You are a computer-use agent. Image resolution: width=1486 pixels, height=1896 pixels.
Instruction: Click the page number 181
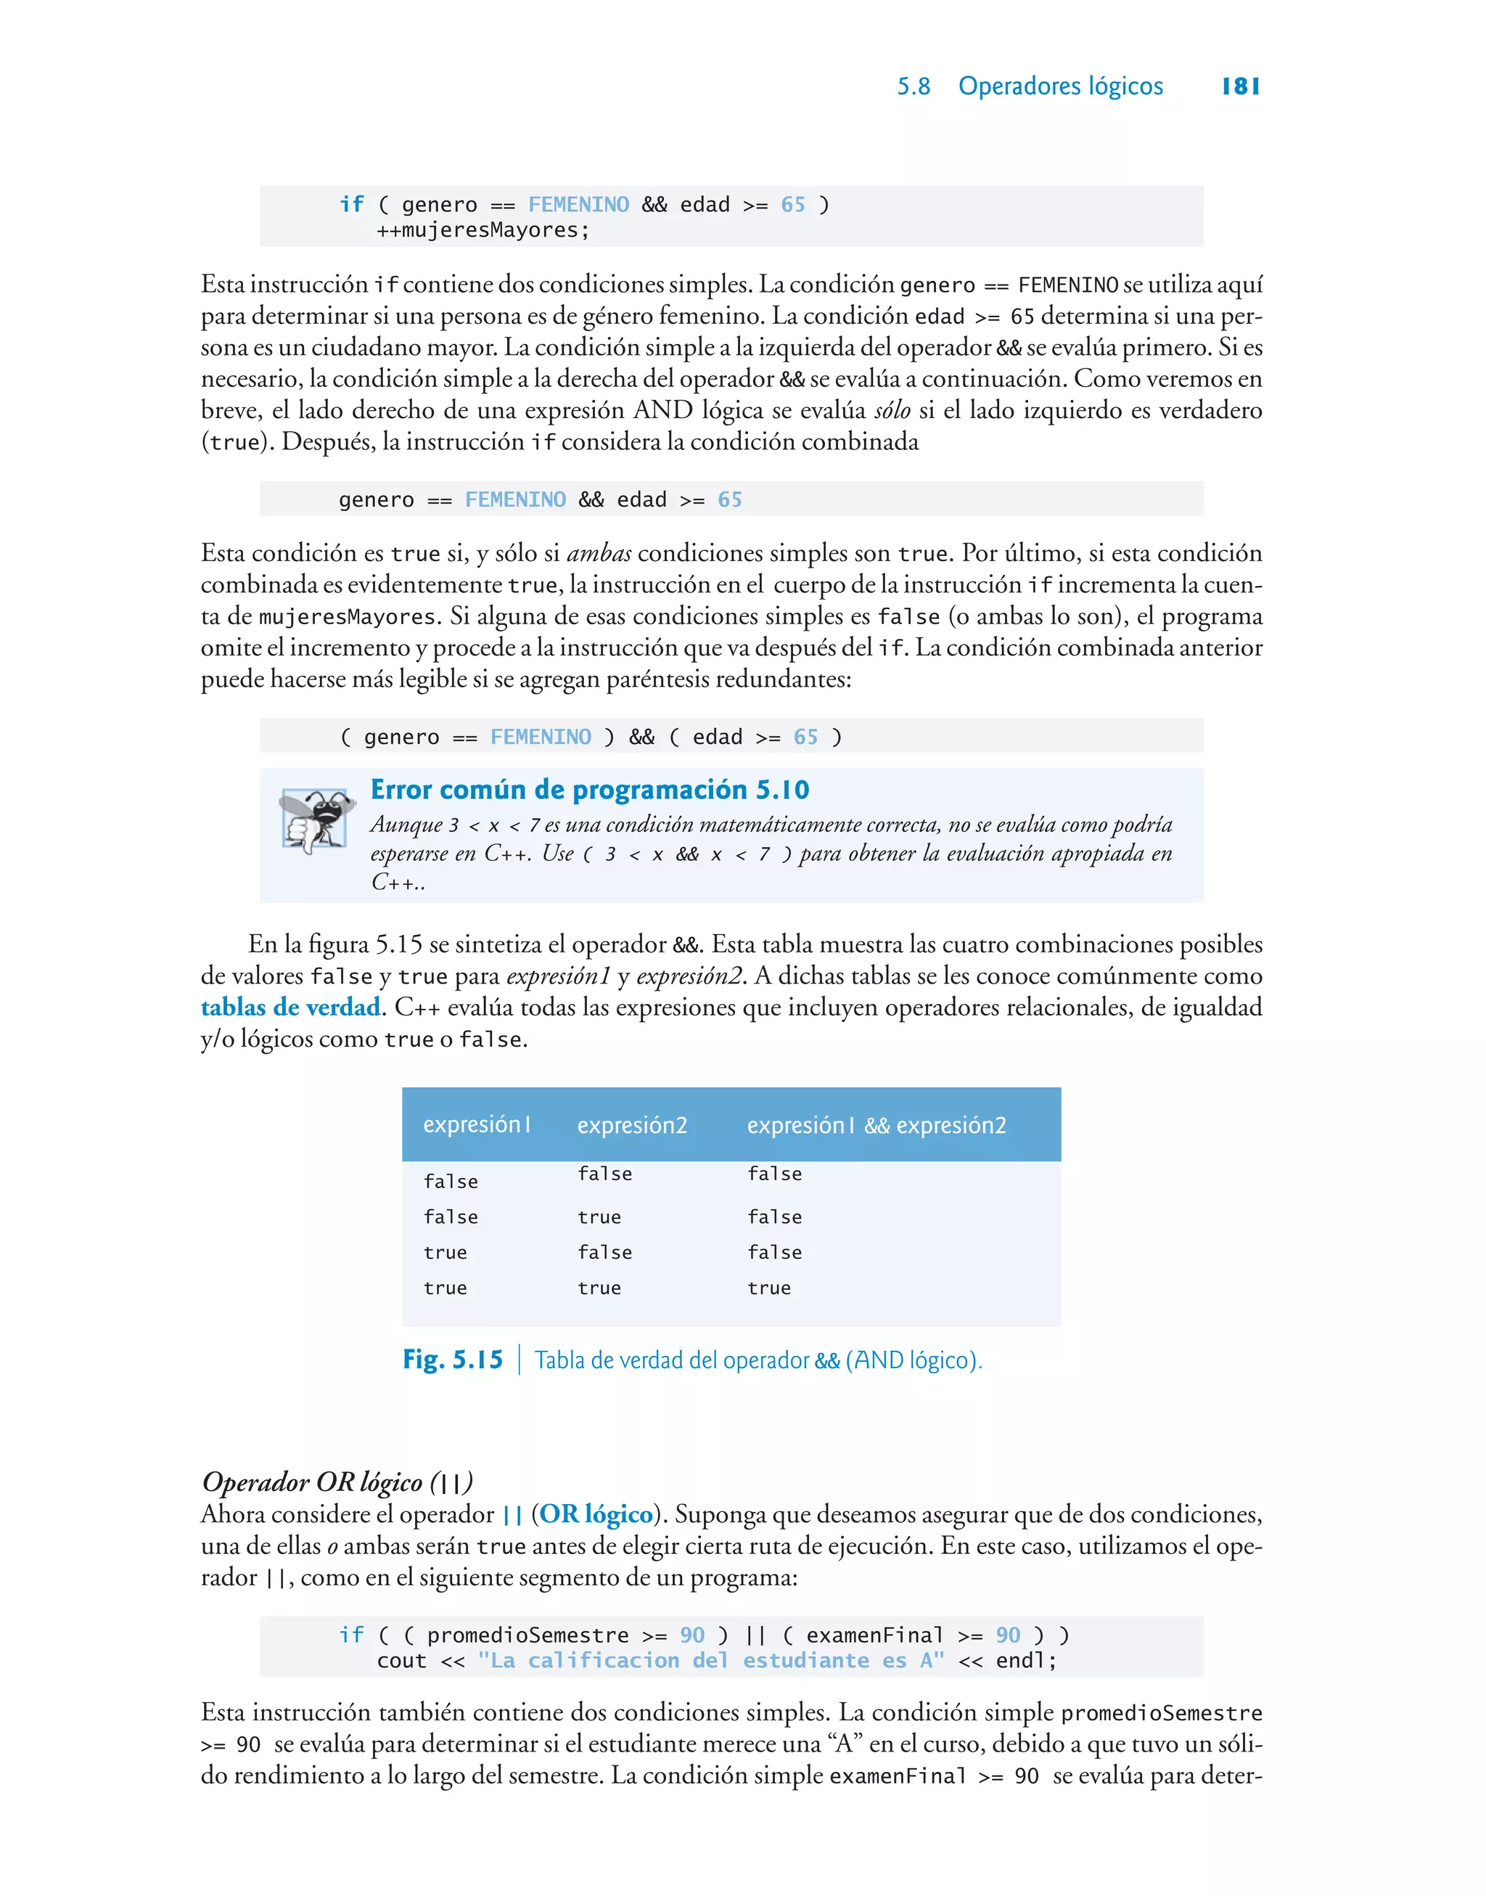click(1240, 86)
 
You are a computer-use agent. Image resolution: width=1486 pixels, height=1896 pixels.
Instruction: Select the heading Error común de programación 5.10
click(589, 789)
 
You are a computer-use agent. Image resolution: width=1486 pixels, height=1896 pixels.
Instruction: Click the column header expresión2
click(632, 1125)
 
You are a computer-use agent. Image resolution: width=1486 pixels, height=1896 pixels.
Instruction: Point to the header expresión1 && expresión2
click(875, 1125)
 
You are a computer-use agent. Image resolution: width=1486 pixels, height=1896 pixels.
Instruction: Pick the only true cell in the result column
click(769, 1288)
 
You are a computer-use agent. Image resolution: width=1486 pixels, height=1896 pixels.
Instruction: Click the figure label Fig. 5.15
click(453, 1359)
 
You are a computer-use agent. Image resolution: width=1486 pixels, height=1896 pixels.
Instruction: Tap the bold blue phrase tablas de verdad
click(290, 1007)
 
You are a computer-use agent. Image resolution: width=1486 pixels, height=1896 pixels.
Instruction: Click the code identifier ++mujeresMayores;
click(483, 231)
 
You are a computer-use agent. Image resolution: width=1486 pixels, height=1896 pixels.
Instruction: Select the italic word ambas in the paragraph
click(599, 553)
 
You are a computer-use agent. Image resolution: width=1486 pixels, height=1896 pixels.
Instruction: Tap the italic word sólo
click(892, 411)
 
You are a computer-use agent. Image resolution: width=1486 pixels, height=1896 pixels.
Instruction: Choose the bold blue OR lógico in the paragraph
click(595, 1514)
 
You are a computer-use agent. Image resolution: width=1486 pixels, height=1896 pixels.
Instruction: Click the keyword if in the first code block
click(351, 205)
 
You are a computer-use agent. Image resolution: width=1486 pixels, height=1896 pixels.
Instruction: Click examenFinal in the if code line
click(874, 1635)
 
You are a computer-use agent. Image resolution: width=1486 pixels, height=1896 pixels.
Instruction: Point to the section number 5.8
click(914, 86)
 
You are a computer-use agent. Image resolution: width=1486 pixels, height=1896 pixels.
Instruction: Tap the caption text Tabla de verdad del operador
click(673, 1360)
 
